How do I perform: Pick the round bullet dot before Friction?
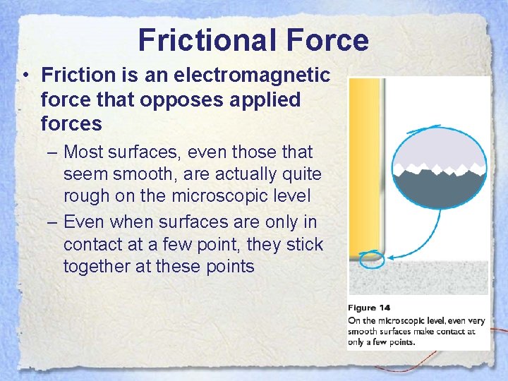pyautogui.click(x=25, y=75)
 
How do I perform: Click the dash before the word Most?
pyautogui.click(x=52, y=152)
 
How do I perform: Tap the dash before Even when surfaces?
pyautogui.click(x=52, y=222)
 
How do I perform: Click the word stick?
pyautogui.click(x=304, y=245)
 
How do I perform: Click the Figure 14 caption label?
pyautogui.click(x=369, y=308)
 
